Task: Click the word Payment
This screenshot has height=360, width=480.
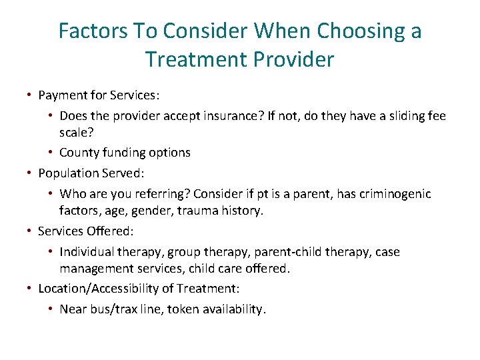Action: tap(62, 95)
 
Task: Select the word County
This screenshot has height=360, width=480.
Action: tap(79, 152)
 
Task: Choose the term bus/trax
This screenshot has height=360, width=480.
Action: tap(111, 309)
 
